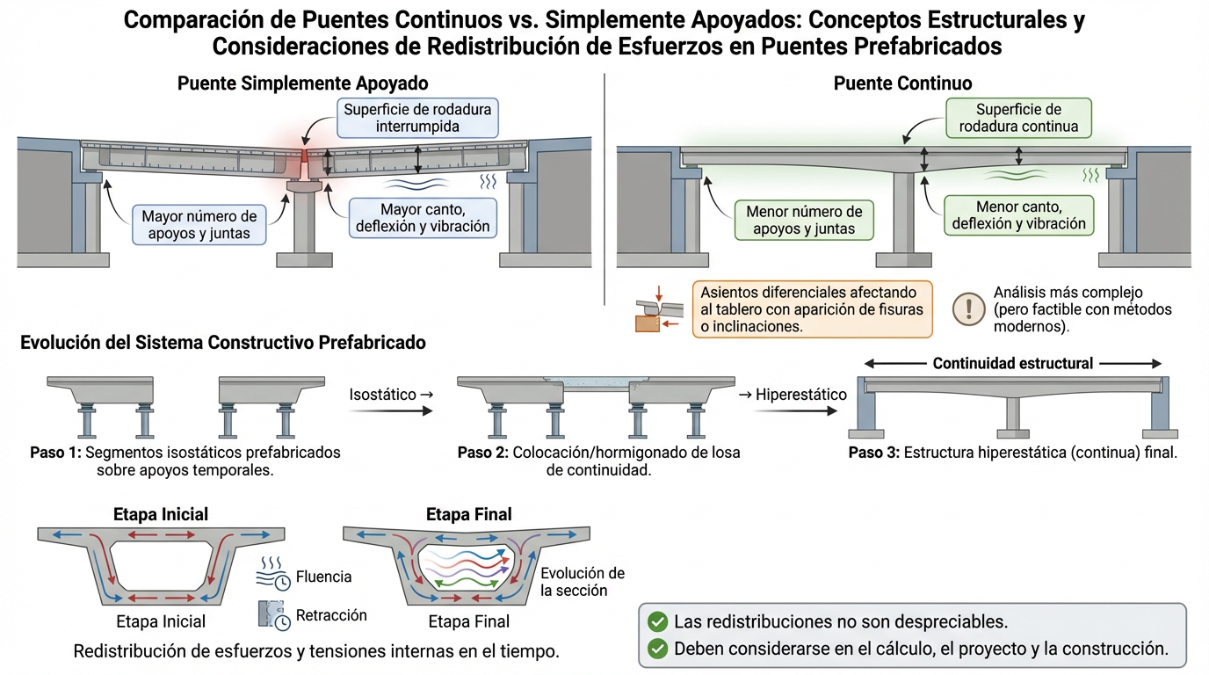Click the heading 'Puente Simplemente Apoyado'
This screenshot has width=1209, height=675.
click(x=302, y=83)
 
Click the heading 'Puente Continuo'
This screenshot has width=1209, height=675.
click(x=902, y=83)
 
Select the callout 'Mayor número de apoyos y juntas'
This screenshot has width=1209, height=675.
click(x=199, y=224)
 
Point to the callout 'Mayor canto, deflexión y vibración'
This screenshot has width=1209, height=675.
click(x=423, y=218)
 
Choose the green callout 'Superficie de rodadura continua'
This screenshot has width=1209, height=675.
click(x=1018, y=118)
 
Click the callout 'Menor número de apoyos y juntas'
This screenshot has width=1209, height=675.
click(x=803, y=221)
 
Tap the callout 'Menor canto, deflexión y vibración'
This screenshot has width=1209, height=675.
click(x=1018, y=215)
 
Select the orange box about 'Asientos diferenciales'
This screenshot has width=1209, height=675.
click(x=811, y=308)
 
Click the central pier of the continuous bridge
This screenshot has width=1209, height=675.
click(x=904, y=215)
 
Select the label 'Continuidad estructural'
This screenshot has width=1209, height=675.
click(x=1012, y=363)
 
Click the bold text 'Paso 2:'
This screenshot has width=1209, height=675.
click(x=483, y=453)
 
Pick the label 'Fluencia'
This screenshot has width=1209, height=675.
click(x=324, y=577)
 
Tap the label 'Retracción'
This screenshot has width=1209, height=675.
click(x=331, y=615)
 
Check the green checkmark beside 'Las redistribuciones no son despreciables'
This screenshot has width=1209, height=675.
click(x=656, y=621)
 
